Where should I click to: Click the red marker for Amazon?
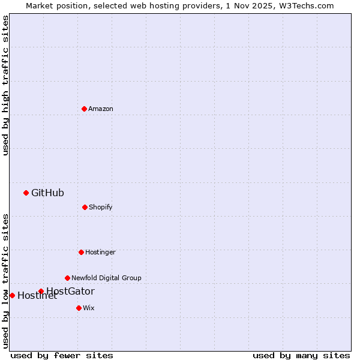point(84,109)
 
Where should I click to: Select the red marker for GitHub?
point(26,193)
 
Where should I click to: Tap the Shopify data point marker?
point(85,207)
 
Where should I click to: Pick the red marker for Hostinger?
point(81,252)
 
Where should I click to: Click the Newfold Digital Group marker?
point(67,278)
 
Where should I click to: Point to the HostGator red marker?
point(41,292)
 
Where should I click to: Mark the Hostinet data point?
point(12,295)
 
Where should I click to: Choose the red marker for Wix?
point(79,308)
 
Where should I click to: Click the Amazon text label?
point(101,109)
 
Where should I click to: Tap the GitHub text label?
point(47,193)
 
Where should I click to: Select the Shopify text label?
point(101,207)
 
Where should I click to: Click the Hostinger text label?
point(100,252)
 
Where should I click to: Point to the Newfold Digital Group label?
point(106,278)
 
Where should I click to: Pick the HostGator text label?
point(71,291)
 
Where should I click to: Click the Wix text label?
point(89,308)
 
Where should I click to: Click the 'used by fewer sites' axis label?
point(62,355)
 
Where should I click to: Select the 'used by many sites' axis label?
point(301,355)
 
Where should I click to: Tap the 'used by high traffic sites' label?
point(5,85)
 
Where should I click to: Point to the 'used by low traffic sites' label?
point(5,280)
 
